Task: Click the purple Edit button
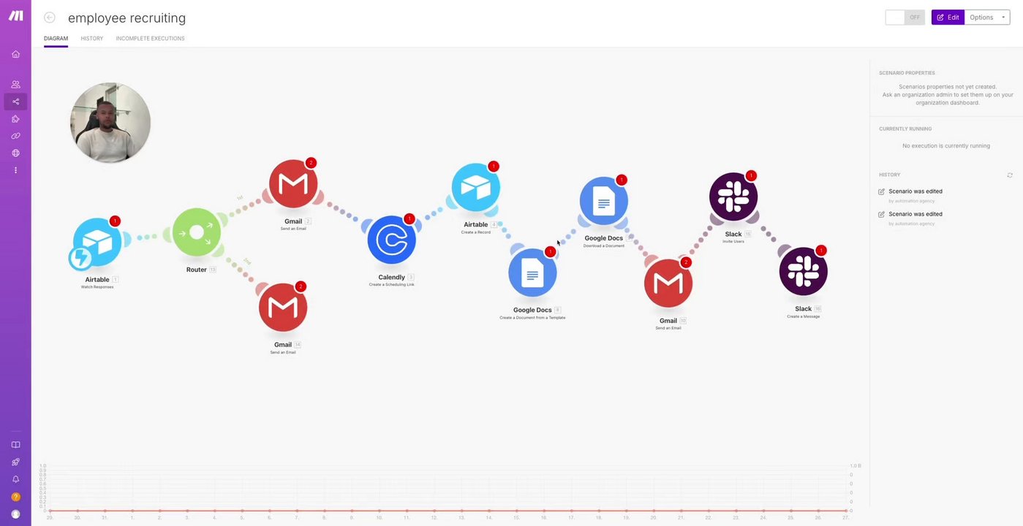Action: [x=948, y=18]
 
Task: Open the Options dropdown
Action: [x=986, y=18]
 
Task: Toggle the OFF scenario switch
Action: [x=905, y=18]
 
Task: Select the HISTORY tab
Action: [x=91, y=39]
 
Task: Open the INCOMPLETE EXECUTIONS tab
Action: [x=150, y=39]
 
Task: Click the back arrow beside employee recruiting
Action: [x=50, y=18]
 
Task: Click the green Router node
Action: [x=197, y=232]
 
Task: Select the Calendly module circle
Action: [x=392, y=240]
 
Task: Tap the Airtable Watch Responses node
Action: [x=97, y=242]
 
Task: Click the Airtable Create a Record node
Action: [x=476, y=188]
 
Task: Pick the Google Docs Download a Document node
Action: [x=604, y=201]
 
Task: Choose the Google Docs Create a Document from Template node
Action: [x=532, y=273]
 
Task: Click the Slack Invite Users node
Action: [x=733, y=197]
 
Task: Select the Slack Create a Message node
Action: [x=803, y=271]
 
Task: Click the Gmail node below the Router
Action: [x=283, y=308]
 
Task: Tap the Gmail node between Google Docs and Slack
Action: [x=668, y=283]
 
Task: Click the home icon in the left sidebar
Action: [x=15, y=54]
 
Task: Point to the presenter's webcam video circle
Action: [x=110, y=122]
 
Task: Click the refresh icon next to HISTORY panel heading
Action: [x=1010, y=175]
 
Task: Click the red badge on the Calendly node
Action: [x=409, y=218]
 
